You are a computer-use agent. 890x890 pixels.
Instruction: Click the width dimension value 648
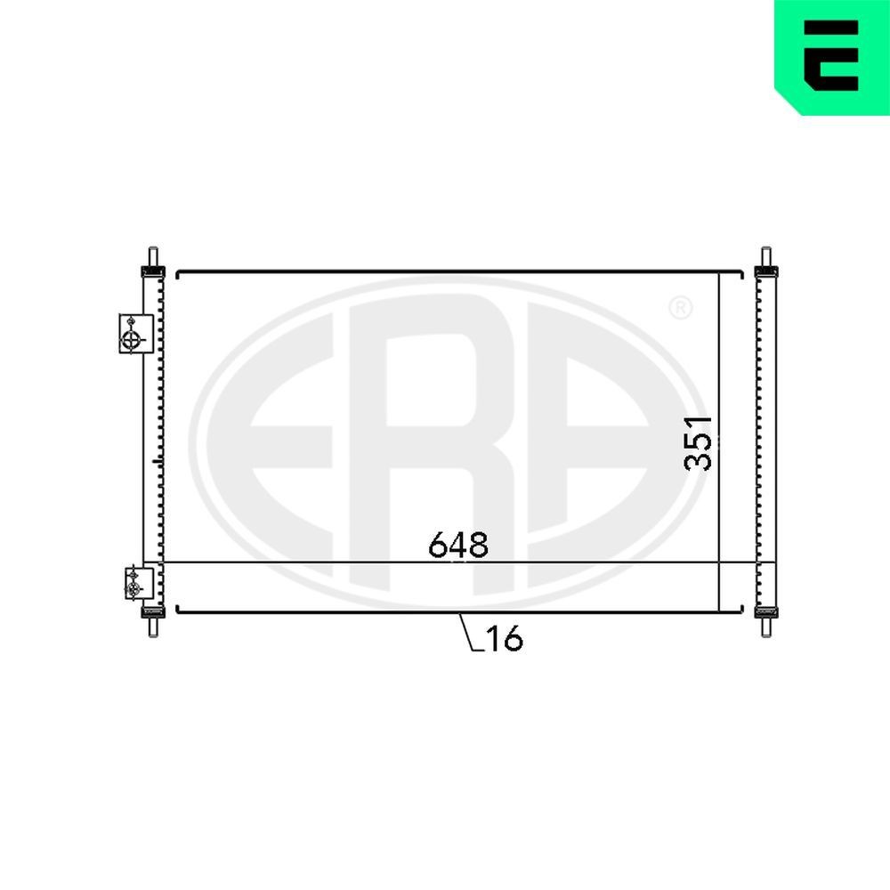click(458, 545)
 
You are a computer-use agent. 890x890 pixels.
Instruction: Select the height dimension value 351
click(699, 443)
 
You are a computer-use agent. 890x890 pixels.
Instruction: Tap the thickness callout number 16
click(505, 638)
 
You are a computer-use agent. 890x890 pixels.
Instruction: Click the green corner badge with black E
click(831, 57)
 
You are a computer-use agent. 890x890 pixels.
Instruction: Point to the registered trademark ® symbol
click(680, 308)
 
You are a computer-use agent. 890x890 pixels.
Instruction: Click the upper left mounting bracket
click(136, 334)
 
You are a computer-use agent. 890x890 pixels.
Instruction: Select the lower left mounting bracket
click(139, 582)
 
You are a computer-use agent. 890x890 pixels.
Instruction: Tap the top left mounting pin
click(153, 257)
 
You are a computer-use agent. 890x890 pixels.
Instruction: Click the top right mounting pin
click(765, 257)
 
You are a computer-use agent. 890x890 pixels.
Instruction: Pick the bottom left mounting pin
click(153, 627)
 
